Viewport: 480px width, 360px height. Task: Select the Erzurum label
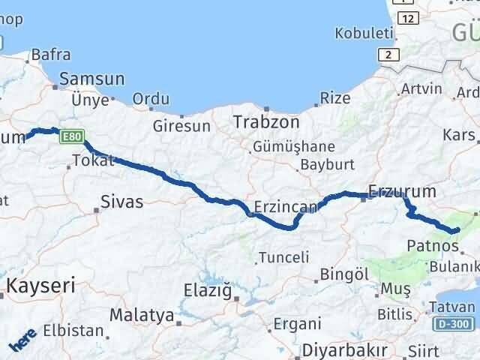[x=402, y=191]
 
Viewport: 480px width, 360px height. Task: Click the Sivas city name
[x=121, y=200]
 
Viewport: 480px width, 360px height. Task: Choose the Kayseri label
[x=41, y=285]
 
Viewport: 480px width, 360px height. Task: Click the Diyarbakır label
[x=345, y=350]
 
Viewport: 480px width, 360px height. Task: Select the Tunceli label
[x=283, y=257]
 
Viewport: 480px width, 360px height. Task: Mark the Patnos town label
[x=429, y=244]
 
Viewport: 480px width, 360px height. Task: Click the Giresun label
[x=178, y=125]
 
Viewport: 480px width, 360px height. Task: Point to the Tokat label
[x=92, y=160]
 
